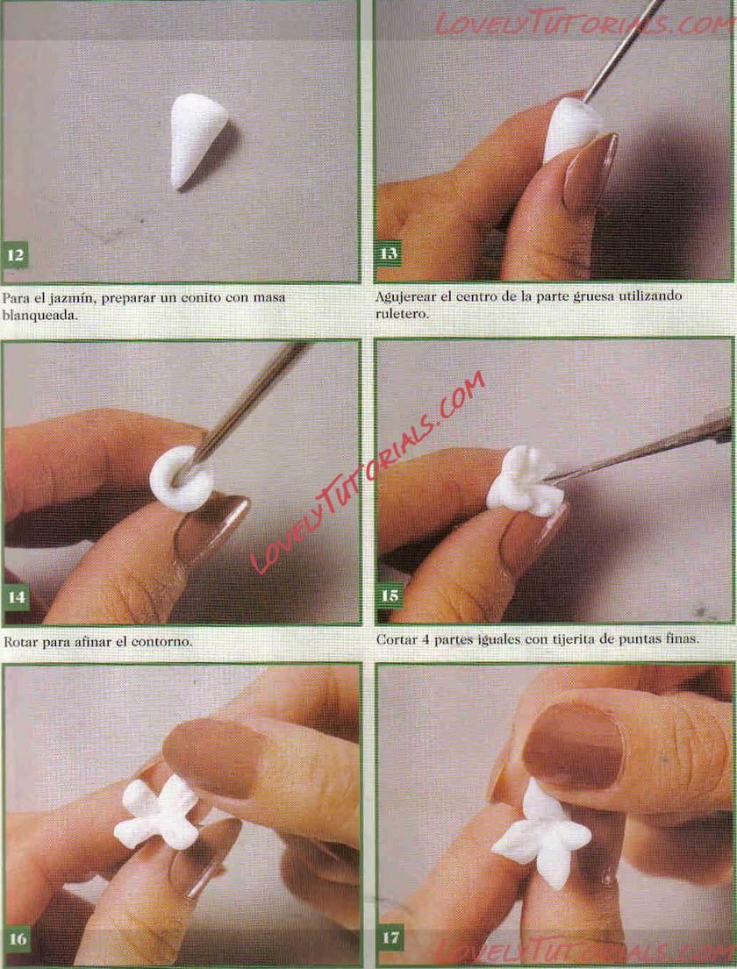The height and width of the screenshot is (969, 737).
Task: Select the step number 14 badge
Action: click(16, 597)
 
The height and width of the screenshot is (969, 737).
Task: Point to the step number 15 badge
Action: click(390, 595)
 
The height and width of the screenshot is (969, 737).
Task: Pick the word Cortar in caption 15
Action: click(397, 639)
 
